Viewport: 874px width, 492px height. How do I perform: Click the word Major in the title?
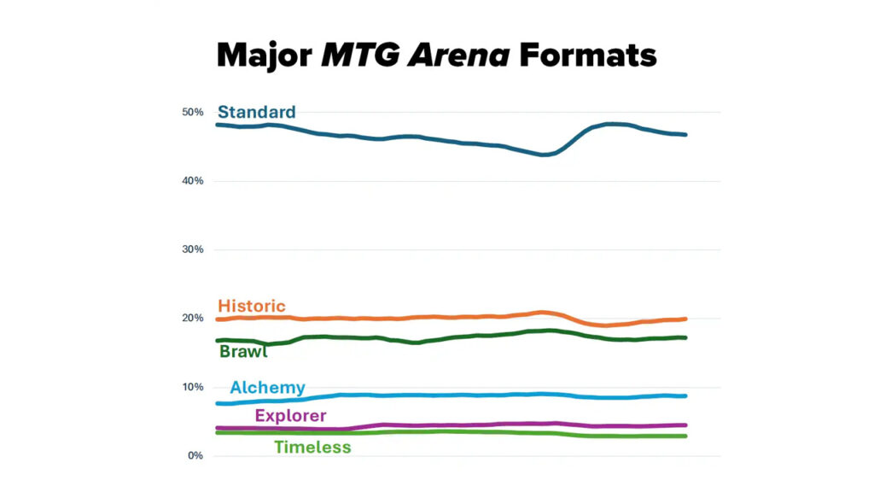click(265, 56)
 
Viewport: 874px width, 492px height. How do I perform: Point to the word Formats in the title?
click(589, 56)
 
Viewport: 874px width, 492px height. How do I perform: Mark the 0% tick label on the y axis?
click(195, 455)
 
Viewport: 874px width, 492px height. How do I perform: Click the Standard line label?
click(257, 112)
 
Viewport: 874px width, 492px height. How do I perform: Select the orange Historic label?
click(252, 306)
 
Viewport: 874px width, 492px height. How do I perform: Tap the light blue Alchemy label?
click(267, 388)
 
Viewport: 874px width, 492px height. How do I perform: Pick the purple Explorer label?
click(290, 416)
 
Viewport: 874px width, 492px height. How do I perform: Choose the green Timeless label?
click(312, 447)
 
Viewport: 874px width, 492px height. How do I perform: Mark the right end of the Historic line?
click(685, 319)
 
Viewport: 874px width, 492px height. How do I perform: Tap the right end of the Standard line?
click(685, 134)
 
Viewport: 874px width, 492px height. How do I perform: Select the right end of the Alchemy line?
click(685, 395)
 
